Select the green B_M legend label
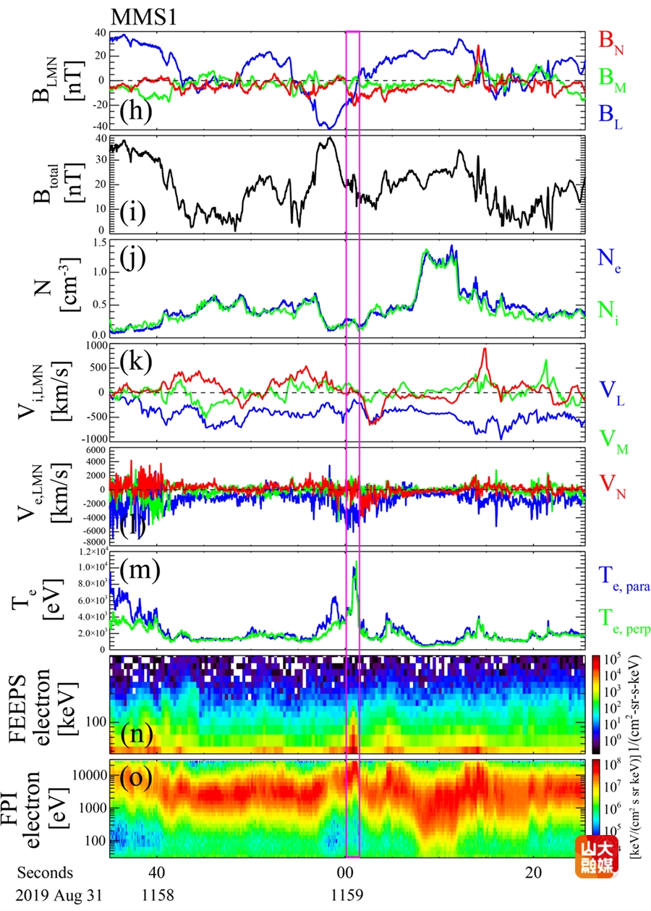point(611,85)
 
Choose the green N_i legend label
point(608,312)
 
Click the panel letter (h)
point(135,114)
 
